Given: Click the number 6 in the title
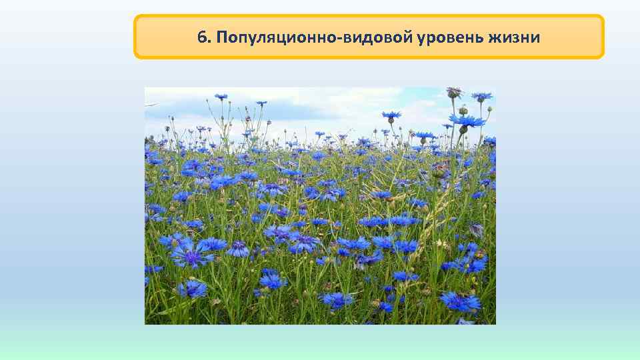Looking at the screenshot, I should click(201, 37).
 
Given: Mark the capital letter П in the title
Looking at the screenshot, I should click(221, 37).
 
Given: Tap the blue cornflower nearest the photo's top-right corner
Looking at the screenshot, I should click(481, 97).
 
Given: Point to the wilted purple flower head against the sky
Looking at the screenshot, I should click(454, 91).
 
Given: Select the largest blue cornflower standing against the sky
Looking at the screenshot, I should click(467, 121).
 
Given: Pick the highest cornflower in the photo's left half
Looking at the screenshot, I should click(221, 97).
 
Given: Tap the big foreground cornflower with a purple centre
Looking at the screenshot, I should click(192, 255).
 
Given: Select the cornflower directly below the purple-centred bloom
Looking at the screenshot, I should click(193, 289).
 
